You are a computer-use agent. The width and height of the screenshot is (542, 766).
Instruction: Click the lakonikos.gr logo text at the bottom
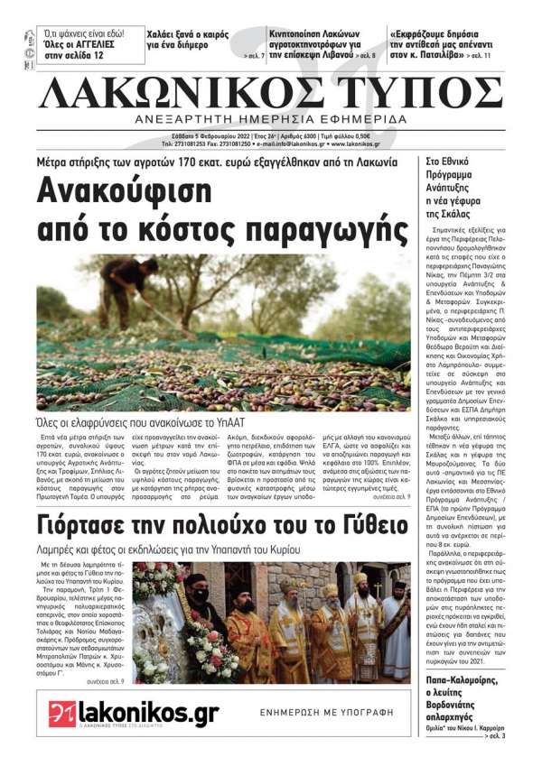(149, 714)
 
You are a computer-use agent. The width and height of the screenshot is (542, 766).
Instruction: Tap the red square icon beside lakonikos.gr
(61, 714)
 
